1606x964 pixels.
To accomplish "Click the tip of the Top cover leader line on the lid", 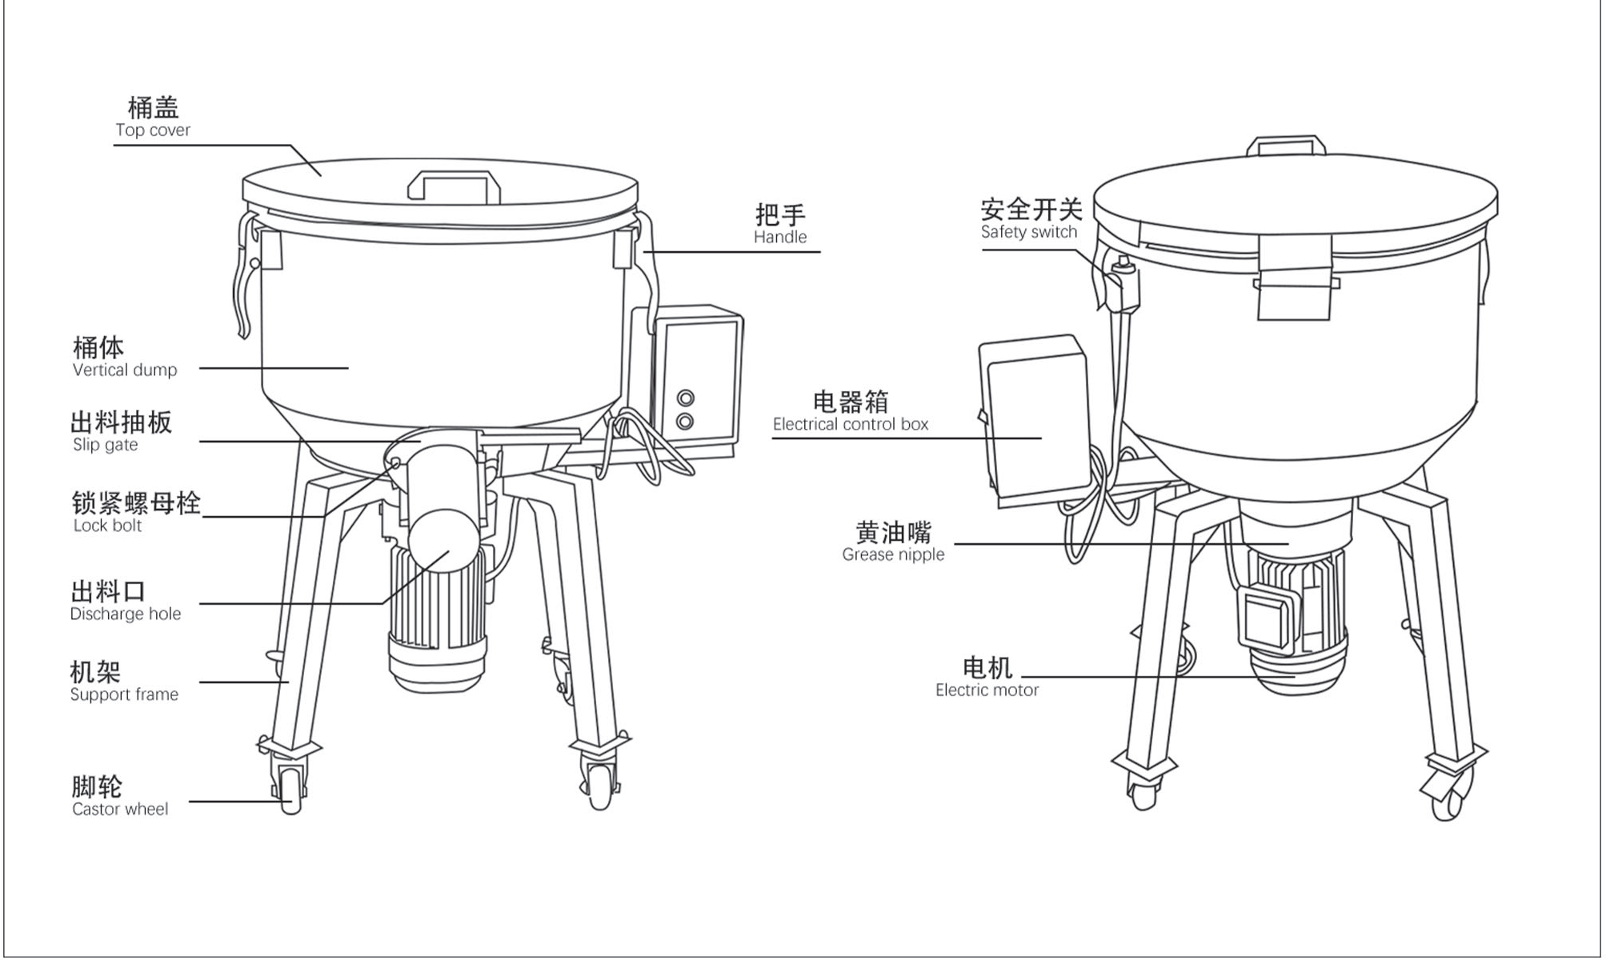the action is (x=321, y=175).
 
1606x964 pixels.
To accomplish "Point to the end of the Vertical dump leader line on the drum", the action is (x=348, y=368).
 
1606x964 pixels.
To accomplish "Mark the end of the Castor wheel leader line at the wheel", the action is (x=291, y=801).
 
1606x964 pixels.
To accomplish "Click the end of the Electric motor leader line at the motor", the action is (x=1295, y=677).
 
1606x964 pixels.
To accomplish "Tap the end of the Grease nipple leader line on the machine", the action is (x=1288, y=544).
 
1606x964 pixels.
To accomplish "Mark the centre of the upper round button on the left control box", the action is (x=685, y=398).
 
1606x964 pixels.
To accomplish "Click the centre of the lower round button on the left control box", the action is (x=685, y=421).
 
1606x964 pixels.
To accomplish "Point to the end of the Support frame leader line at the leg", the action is (x=288, y=682).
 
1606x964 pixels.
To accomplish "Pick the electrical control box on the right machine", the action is (x=1035, y=420).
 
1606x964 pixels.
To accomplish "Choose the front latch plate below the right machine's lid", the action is (x=1294, y=277).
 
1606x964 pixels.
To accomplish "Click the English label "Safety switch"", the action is (x=1029, y=232).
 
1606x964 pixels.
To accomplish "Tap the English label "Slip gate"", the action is (x=105, y=445).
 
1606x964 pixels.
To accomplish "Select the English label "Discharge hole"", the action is (x=126, y=614).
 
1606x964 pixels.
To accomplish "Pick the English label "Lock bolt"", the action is (x=107, y=526).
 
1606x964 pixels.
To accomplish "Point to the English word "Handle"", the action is (x=780, y=237).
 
